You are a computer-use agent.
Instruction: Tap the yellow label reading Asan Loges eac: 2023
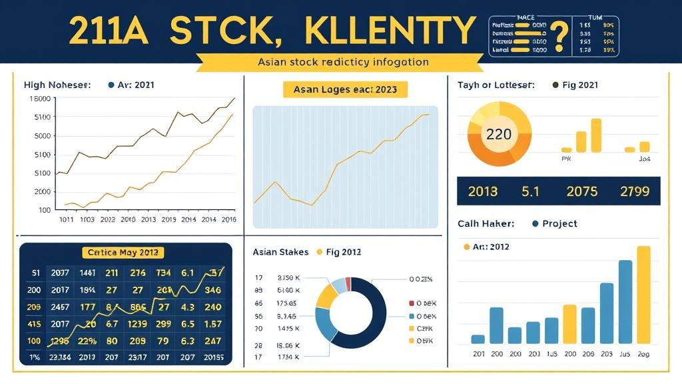click(x=345, y=89)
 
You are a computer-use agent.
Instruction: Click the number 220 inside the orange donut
click(x=499, y=134)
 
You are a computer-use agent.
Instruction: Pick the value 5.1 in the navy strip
click(x=530, y=191)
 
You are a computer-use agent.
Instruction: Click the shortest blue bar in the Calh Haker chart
click(x=478, y=339)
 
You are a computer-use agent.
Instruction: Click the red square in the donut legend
click(x=412, y=303)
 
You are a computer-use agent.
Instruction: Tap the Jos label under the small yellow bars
click(x=643, y=159)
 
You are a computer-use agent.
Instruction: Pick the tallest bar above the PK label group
click(x=595, y=135)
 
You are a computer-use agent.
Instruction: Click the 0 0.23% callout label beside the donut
click(x=421, y=279)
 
